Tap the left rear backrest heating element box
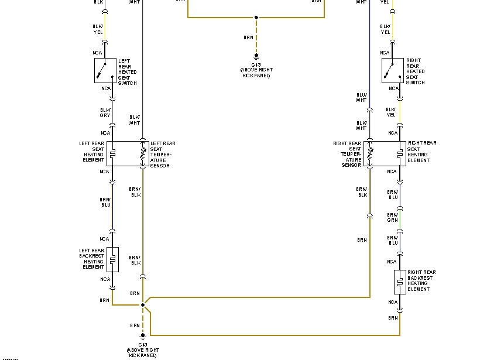coord(112,259)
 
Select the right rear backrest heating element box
coord(400,282)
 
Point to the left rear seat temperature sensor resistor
coord(143,154)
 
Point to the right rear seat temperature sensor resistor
coord(370,154)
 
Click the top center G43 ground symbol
coord(256,56)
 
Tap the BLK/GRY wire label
coord(105,112)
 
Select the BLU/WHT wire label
coord(361,97)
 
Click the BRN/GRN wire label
coord(392,217)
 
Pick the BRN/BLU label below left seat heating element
coord(105,202)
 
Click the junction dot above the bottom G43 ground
coord(142,305)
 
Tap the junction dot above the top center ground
coord(256,18)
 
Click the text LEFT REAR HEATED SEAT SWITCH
coord(127,71)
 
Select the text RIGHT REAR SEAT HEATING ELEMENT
coord(422,152)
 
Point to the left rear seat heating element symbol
coord(112,154)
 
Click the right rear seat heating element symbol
coord(400,154)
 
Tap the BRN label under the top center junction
coord(249,37)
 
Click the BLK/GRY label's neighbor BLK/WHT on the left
coord(135,120)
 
